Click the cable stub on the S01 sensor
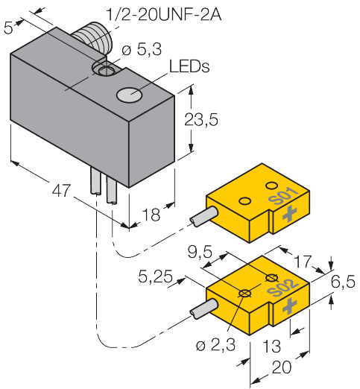coord(202,218)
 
